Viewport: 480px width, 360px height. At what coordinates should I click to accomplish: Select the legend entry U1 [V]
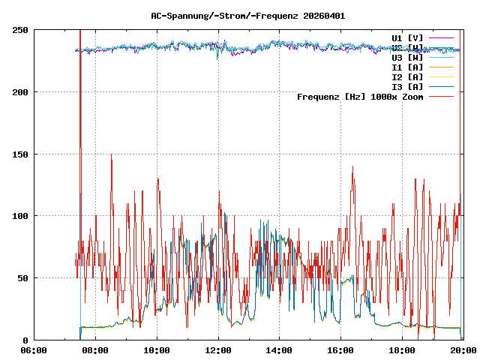[x=407, y=37]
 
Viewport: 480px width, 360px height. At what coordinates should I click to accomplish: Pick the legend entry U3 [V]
[x=407, y=57]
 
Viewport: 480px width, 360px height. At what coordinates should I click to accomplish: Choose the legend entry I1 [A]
[x=407, y=67]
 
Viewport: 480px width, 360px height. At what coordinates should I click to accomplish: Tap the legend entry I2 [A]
[x=407, y=76]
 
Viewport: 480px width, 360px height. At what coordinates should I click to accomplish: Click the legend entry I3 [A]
[x=407, y=86]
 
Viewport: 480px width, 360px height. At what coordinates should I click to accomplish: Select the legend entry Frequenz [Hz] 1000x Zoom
[x=360, y=96]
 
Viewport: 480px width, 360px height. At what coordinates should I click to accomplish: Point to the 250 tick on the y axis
[x=20, y=30]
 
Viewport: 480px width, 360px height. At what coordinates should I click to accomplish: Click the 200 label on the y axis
[x=20, y=92]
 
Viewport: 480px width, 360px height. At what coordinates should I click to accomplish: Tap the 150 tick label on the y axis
[x=20, y=154]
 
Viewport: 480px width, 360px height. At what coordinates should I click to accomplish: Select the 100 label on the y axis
[x=20, y=216]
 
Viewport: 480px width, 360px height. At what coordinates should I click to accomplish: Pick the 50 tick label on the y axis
[x=22, y=278]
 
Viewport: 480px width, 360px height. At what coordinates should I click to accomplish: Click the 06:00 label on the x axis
[x=34, y=349]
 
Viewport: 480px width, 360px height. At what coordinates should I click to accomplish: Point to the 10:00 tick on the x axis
[x=157, y=349]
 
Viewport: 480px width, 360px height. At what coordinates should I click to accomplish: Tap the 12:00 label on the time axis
[x=218, y=349]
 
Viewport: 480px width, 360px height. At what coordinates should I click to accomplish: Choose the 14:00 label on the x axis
[x=279, y=349]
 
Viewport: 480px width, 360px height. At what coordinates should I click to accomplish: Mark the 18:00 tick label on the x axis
[x=401, y=349]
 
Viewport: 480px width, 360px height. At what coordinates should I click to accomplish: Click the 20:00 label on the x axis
[x=462, y=349]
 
